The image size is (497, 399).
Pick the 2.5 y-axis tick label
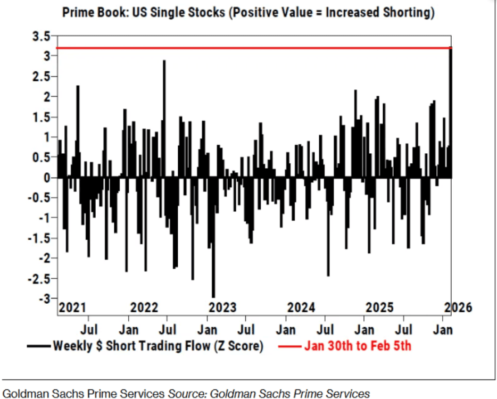pos(43,77)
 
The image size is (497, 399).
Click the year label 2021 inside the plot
pos(72,307)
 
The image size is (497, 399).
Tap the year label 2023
pos(222,307)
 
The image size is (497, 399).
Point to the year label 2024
pos(301,307)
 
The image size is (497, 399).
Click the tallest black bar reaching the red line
pos(450,112)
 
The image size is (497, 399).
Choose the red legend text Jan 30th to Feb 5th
pos(358,346)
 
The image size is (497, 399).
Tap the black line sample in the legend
pos(39,346)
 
